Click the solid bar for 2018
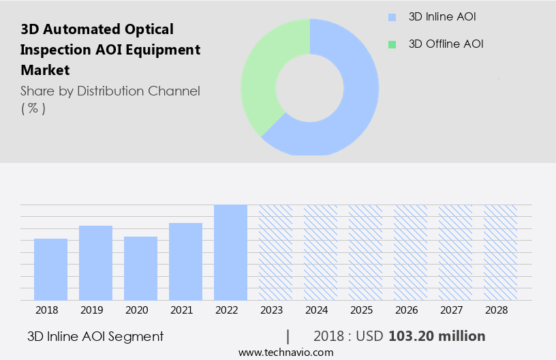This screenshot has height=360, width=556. click(x=50, y=269)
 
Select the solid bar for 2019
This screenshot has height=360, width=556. click(x=95, y=262)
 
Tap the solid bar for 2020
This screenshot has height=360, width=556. click(x=140, y=268)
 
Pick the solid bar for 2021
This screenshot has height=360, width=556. click(x=185, y=261)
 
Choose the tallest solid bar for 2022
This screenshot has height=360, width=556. click(x=230, y=252)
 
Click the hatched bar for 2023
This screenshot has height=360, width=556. click(x=275, y=252)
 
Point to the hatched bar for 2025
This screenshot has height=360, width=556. click(x=365, y=252)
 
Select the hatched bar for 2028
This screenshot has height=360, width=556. click(x=500, y=252)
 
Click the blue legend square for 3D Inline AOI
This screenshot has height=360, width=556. click(x=391, y=17)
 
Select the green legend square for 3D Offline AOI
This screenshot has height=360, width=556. click(x=391, y=44)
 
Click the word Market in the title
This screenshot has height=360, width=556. click(x=45, y=70)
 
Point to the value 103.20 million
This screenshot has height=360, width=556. click(x=437, y=336)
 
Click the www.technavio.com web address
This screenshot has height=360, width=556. click(x=285, y=352)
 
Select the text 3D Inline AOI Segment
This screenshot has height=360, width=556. click(x=95, y=336)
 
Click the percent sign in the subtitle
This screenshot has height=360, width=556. click(x=33, y=108)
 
